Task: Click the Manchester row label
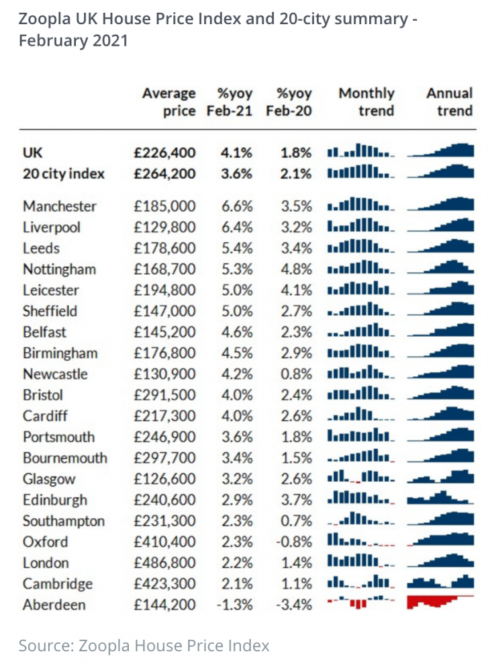(60, 206)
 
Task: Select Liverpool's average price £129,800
(164, 227)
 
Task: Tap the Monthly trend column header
(366, 101)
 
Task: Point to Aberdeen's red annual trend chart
(440, 601)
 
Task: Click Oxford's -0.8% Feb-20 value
(293, 542)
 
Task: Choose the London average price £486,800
(164, 562)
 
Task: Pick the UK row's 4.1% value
(236, 153)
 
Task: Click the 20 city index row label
(64, 173)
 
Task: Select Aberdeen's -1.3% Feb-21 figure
(234, 605)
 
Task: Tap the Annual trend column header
(449, 101)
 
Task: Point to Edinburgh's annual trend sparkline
(440, 497)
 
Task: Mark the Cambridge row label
(57, 584)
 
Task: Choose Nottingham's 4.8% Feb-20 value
(296, 269)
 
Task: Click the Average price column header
(169, 101)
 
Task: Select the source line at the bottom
(144, 645)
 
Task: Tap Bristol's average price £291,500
(164, 394)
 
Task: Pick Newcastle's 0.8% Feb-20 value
(296, 374)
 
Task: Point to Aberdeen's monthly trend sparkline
(360, 601)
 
